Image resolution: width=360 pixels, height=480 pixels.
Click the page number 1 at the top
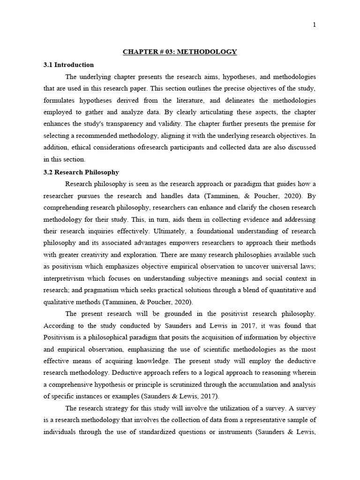pos(314,25)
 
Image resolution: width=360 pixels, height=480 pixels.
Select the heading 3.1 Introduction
pos(68,65)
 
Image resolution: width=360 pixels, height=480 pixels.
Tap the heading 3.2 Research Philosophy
pos(81,172)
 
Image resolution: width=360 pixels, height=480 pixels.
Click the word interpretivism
pos(64,278)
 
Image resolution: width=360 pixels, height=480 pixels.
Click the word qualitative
pos(60,302)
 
